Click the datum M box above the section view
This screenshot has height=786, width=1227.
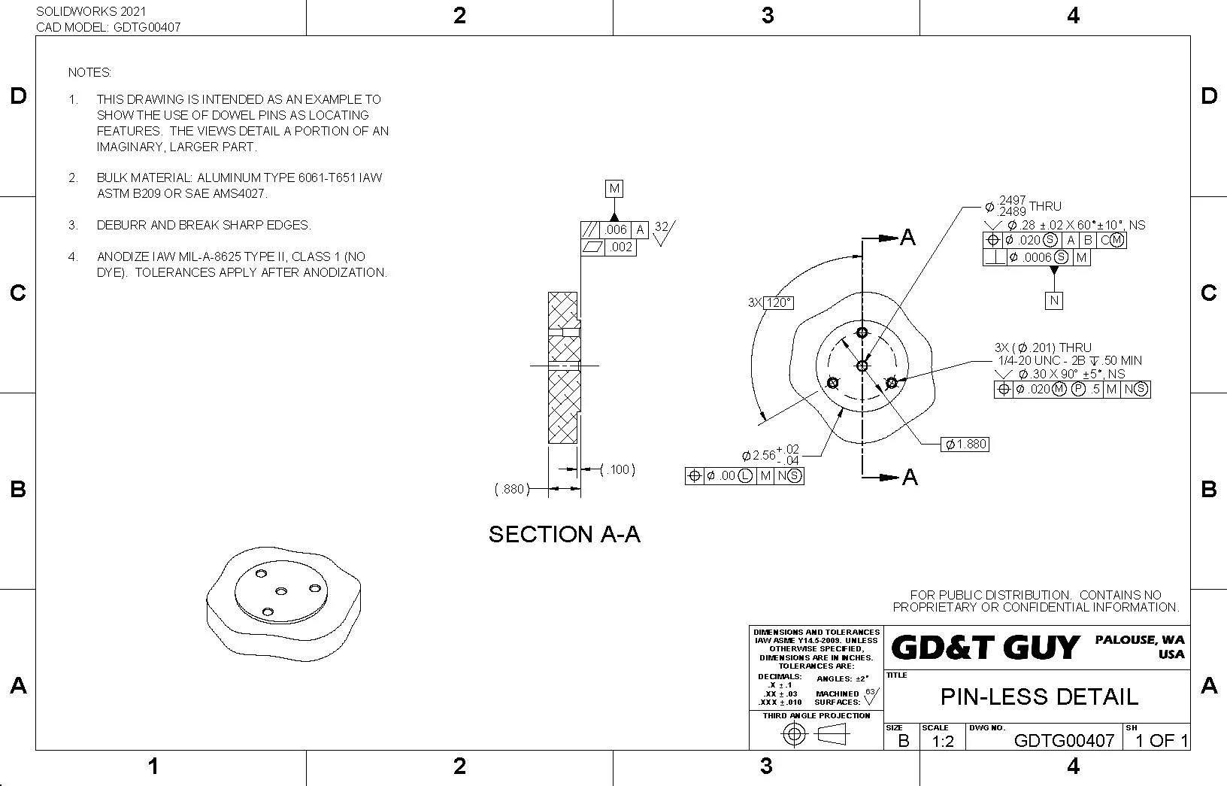(x=614, y=189)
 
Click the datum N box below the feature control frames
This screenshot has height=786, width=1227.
(x=1054, y=300)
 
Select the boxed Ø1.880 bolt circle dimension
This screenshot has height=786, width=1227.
(x=965, y=444)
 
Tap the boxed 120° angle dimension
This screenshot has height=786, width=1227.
(x=778, y=302)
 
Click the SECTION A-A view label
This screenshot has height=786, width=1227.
(x=565, y=534)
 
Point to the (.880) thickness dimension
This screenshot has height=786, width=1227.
(x=510, y=489)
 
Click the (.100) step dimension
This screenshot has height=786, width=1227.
(x=618, y=469)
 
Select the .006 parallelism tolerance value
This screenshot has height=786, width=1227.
(x=615, y=229)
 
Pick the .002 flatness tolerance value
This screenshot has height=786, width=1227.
(x=621, y=247)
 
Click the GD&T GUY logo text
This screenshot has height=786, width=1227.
(x=985, y=647)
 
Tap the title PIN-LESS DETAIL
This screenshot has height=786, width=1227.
(x=1039, y=696)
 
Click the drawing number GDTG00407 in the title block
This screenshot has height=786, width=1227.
(x=1063, y=740)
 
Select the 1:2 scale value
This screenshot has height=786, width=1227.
(x=943, y=741)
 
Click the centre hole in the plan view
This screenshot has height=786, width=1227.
(x=862, y=366)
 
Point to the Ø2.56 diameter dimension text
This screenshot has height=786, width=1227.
(x=759, y=455)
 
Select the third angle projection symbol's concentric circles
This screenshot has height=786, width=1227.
(x=794, y=734)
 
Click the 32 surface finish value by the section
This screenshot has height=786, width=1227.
(x=661, y=226)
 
